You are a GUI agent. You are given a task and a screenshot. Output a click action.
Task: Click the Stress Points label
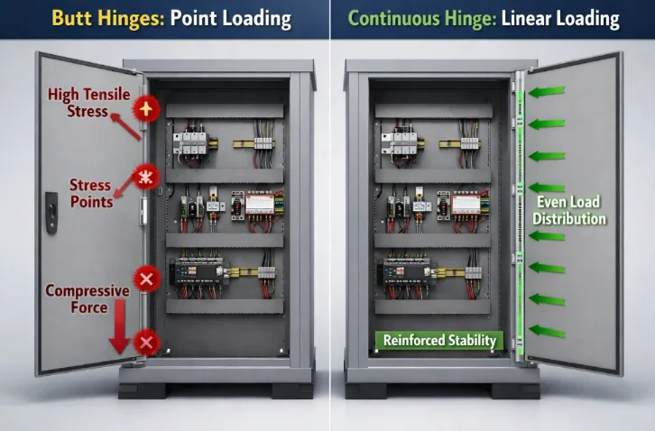[x=91, y=194]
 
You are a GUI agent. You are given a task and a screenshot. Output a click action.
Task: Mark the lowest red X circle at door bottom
[x=146, y=343]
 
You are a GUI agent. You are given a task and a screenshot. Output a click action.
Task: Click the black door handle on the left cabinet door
[x=51, y=213]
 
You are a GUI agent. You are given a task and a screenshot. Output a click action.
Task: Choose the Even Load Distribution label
[x=568, y=210]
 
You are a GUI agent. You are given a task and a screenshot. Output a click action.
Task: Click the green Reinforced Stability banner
[x=439, y=340]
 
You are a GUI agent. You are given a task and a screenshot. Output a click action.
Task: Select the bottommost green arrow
[x=547, y=332]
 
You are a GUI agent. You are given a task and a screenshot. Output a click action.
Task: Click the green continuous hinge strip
[x=518, y=216]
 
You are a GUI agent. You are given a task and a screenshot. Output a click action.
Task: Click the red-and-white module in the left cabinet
[x=259, y=204]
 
